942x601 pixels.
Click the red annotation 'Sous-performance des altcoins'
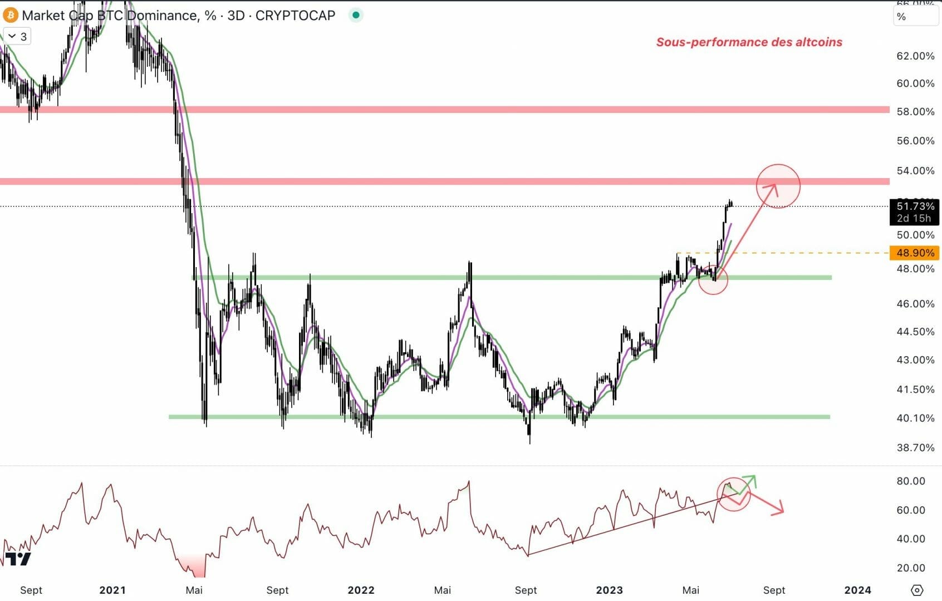pyautogui.click(x=749, y=42)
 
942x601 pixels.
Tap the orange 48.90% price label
pyautogui.click(x=915, y=253)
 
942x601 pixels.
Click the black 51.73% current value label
pyautogui.click(x=915, y=206)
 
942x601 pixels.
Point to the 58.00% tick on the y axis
pyautogui.click(x=915, y=112)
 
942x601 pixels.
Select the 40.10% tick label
pyautogui.click(x=915, y=418)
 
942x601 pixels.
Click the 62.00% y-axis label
pyautogui.click(x=915, y=56)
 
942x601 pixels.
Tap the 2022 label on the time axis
pyautogui.click(x=361, y=590)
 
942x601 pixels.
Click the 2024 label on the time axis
pyautogui.click(x=857, y=590)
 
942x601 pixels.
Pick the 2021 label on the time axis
pyautogui.click(x=112, y=590)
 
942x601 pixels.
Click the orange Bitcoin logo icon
pyautogui.click(x=11, y=15)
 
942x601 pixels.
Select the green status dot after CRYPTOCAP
pyautogui.click(x=356, y=15)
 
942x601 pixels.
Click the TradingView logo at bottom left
pyautogui.click(x=18, y=559)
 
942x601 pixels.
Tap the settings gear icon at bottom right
pyautogui.click(x=917, y=590)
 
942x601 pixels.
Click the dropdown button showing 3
pyautogui.click(x=17, y=37)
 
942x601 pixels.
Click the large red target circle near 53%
pyautogui.click(x=778, y=186)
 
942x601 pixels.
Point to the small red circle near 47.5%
pyautogui.click(x=713, y=279)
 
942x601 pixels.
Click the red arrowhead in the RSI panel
pyautogui.click(x=780, y=509)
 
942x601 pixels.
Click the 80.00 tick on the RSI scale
pyautogui.click(x=910, y=481)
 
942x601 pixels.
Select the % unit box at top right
pyautogui.click(x=915, y=17)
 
